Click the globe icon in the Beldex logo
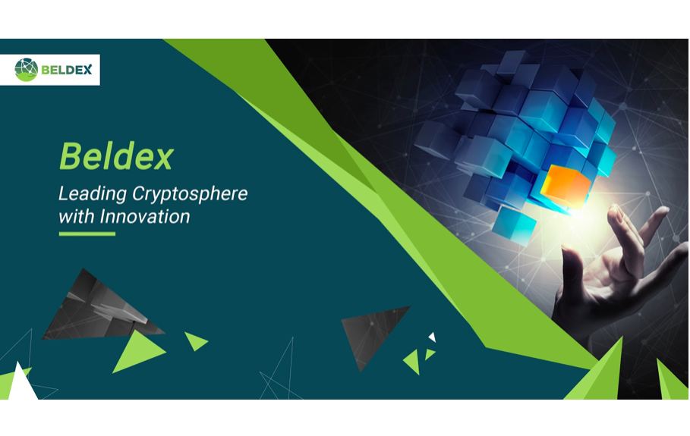(27, 70)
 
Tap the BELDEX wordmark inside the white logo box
(67, 70)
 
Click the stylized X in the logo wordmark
(87, 70)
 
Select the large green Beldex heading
(117, 156)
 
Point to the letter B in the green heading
(70, 156)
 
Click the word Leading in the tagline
(93, 194)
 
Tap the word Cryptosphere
(190, 194)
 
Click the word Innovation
(145, 216)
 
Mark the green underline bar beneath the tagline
(87, 234)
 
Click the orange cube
(566, 187)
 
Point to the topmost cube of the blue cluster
(513, 62)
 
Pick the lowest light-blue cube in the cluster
(514, 224)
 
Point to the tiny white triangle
(433, 337)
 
